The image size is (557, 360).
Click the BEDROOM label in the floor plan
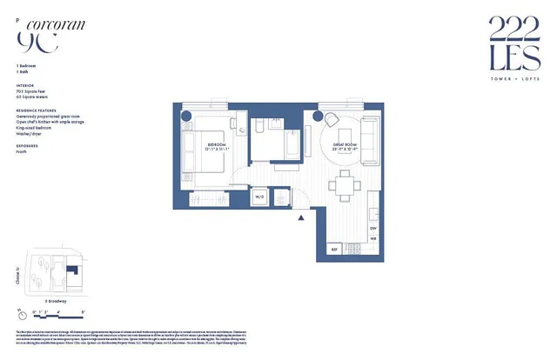(217, 144)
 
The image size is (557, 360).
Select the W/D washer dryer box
(259, 197)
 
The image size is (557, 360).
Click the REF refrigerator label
(332, 250)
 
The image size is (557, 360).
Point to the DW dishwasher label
(373, 228)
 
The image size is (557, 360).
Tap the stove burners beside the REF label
(354, 250)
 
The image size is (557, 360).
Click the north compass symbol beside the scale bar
(20, 312)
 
